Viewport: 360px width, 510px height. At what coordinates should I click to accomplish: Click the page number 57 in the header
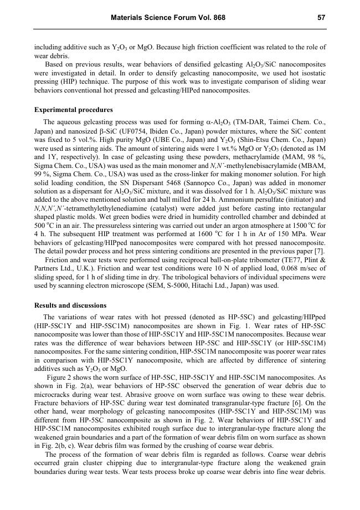(321, 18)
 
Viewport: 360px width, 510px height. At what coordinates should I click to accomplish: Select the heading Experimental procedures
(73, 110)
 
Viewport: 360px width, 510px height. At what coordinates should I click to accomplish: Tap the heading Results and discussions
(70, 305)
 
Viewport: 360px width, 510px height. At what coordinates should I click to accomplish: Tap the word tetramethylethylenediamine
(99, 206)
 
